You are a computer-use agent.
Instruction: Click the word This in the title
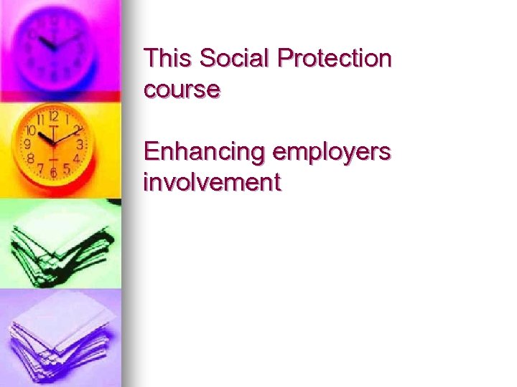pyautogui.click(x=169, y=58)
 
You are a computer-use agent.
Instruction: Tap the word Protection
pyautogui.click(x=335, y=58)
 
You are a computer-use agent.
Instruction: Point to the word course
pyautogui.click(x=182, y=91)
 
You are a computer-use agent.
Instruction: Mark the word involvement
pyautogui.click(x=212, y=182)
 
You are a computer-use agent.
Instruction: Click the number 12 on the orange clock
pyautogui.click(x=52, y=115)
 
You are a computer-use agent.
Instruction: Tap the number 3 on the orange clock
pyautogui.click(x=80, y=144)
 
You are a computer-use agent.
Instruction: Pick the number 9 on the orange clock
pyautogui.click(x=27, y=144)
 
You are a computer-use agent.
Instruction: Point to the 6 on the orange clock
pyautogui.click(x=52, y=172)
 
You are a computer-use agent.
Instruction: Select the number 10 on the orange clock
pyautogui.click(x=31, y=131)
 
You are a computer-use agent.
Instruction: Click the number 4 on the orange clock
pyautogui.click(x=75, y=157)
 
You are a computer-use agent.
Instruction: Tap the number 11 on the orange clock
pyautogui.click(x=40, y=119)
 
